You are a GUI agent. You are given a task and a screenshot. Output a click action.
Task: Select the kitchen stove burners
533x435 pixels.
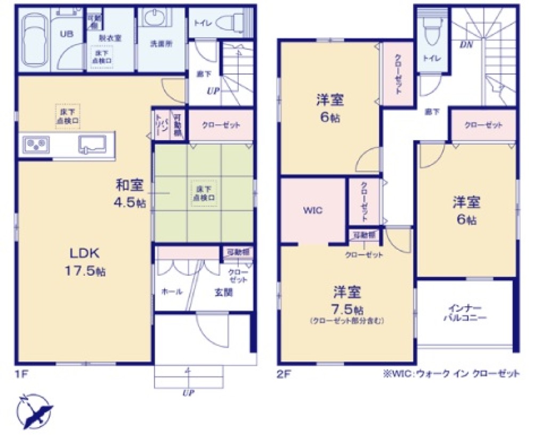36,144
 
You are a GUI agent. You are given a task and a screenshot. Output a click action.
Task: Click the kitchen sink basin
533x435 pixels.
92,144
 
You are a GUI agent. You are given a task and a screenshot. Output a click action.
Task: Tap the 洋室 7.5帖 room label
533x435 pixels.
348,299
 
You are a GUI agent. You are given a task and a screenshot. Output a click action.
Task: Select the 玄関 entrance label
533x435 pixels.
223,292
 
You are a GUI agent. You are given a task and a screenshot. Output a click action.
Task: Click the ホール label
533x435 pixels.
172,292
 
